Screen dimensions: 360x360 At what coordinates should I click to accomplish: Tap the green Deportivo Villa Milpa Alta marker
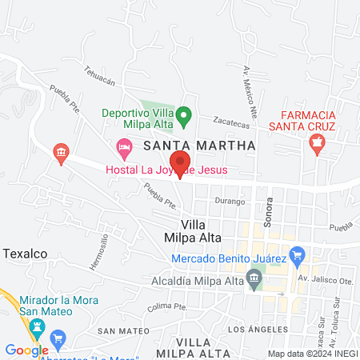(x=183, y=117)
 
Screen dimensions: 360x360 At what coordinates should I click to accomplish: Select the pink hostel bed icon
(x=124, y=146)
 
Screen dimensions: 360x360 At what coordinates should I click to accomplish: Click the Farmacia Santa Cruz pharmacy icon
(x=317, y=144)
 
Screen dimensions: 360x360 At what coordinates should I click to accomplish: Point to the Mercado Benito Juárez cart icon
(x=298, y=258)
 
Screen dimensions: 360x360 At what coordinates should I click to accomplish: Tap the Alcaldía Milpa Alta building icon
(x=254, y=278)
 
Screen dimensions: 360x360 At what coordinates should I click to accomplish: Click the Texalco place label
(x=25, y=253)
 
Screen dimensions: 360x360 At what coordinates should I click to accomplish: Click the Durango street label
(x=230, y=202)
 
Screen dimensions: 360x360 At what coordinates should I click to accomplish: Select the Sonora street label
(x=269, y=210)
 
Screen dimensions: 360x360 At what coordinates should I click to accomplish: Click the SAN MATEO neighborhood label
(x=123, y=330)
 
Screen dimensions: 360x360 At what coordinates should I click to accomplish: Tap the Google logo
(x=26, y=350)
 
